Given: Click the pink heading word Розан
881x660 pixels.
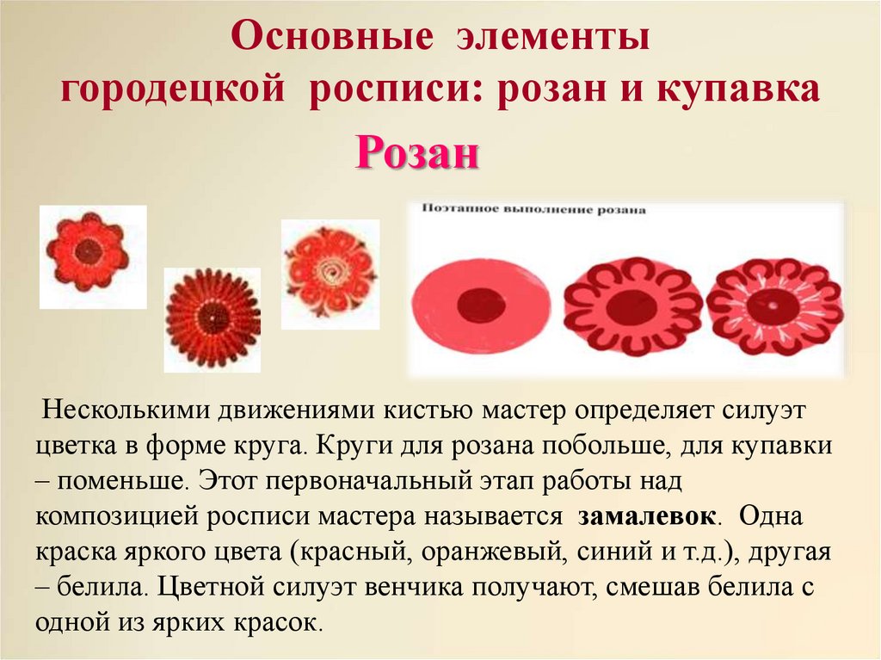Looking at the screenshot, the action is point(417,153).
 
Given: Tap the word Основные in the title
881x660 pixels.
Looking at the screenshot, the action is point(332,38).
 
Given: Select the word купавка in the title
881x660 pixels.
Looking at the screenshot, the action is point(738,89).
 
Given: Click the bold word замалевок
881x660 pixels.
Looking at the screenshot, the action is point(647,516).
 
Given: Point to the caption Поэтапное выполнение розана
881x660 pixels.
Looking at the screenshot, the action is point(533,210).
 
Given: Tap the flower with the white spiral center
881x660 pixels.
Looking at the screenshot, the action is point(330,274).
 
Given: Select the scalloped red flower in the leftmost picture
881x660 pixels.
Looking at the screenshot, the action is point(88,251).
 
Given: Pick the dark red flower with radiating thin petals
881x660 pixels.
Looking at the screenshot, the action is point(213,318).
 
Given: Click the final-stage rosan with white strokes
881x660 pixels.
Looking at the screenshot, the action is point(773,306).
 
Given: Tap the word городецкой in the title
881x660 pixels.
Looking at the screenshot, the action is point(172,90).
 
